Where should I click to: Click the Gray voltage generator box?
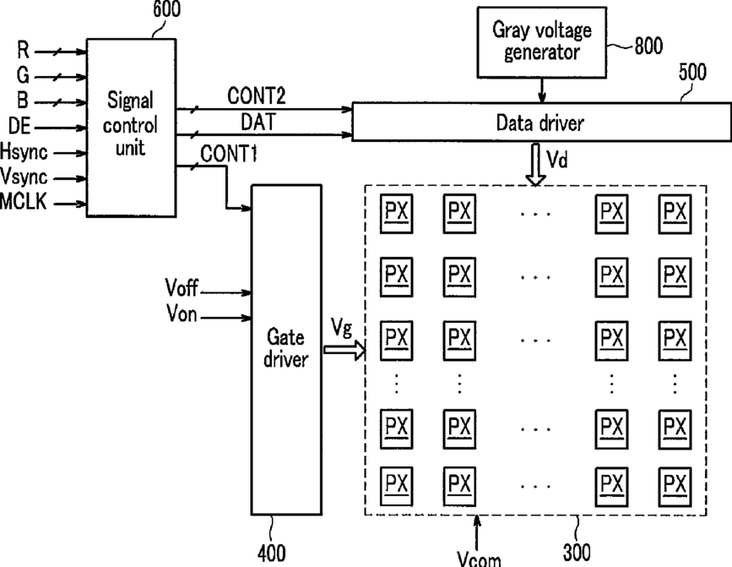541,42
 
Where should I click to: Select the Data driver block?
541,122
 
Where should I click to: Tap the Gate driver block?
286,350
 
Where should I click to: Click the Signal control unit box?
131,128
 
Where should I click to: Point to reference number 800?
648,46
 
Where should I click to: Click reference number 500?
692,73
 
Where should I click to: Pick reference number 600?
166,9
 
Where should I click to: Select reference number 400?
271,553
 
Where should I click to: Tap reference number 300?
577,553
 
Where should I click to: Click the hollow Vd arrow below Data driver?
535,165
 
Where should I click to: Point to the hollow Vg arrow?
345,350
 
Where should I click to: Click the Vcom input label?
479,559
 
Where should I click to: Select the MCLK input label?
24,201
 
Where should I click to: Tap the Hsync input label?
24,152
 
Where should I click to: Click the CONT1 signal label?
229,153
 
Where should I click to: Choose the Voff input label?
182,287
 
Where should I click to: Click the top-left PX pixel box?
396,214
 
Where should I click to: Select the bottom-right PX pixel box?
675,487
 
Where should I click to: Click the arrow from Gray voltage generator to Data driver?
541,90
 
